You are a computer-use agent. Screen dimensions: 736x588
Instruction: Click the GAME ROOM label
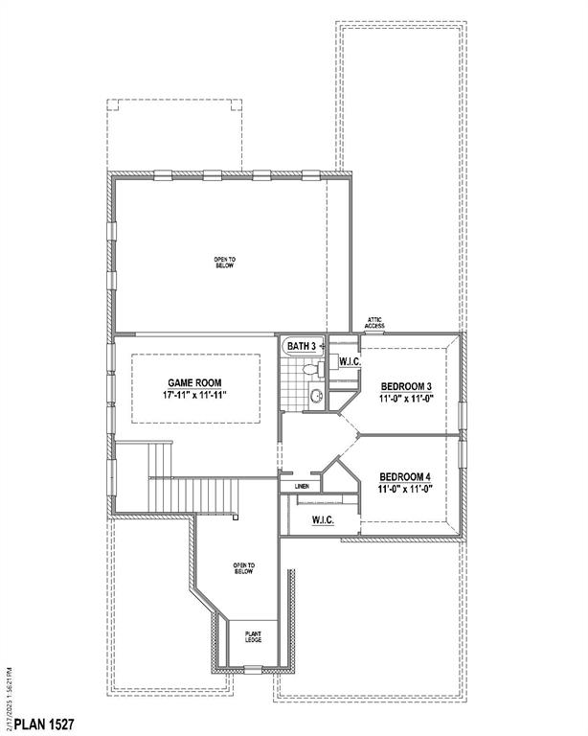coord(195,381)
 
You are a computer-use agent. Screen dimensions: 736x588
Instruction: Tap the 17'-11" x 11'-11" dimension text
coord(195,394)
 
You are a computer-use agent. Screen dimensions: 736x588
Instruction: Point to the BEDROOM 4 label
coord(406,476)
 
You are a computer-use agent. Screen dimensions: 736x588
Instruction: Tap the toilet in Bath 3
coord(308,369)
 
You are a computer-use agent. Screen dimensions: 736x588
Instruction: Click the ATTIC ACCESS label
coord(373,323)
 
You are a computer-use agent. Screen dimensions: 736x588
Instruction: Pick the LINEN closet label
coord(302,486)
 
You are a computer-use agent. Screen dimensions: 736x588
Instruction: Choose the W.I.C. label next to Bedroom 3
coord(348,361)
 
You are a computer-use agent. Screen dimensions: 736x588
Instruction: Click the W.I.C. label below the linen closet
coord(323,519)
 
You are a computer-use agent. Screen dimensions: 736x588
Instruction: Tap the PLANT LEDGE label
coord(254,636)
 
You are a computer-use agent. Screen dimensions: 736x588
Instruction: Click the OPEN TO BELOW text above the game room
coord(224,261)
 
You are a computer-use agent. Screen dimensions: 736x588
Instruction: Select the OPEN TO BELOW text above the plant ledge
coord(243,569)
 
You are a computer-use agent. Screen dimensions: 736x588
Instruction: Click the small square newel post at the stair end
coord(235,517)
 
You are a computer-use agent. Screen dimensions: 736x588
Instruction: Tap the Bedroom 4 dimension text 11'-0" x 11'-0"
coord(406,489)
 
